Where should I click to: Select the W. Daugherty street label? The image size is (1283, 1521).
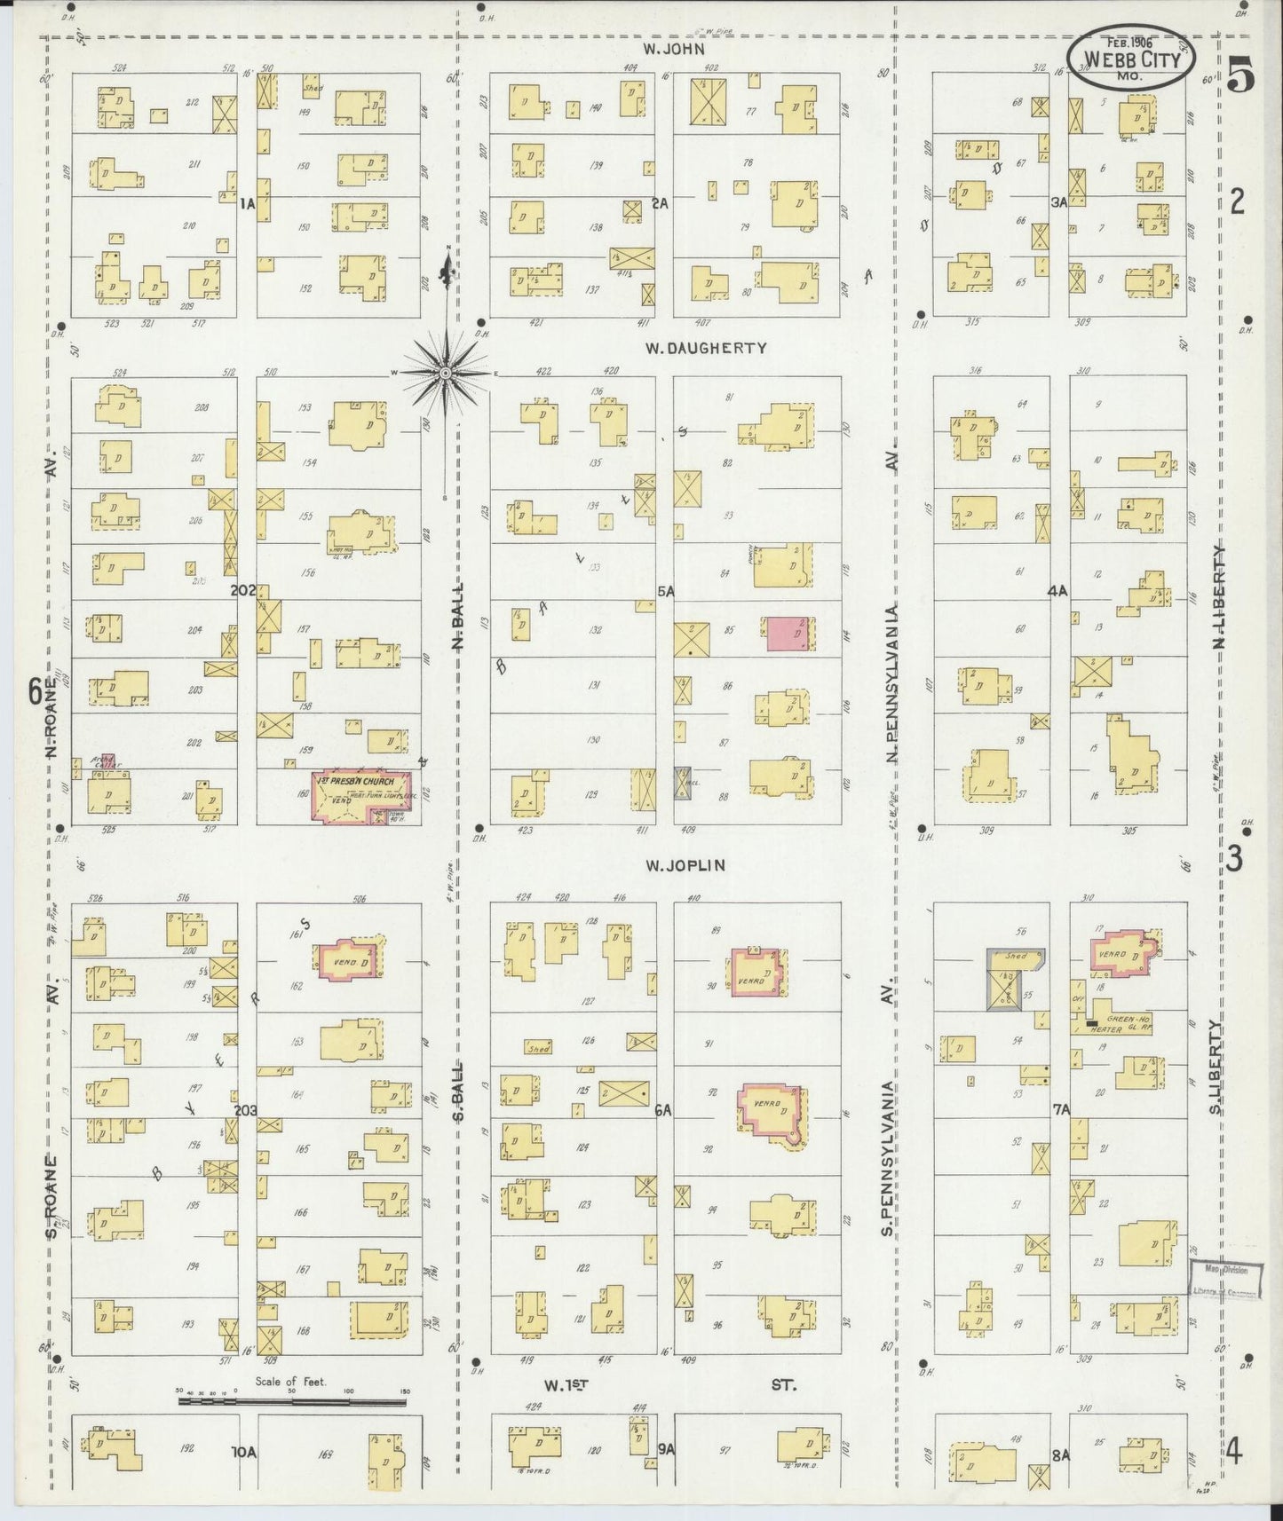tap(705, 349)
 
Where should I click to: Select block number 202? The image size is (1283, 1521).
tap(242, 589)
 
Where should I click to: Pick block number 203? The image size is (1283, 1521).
tap(245, 1109)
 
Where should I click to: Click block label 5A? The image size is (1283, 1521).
tap(665, 589)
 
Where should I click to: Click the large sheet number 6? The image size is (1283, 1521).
tap(36, 691)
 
